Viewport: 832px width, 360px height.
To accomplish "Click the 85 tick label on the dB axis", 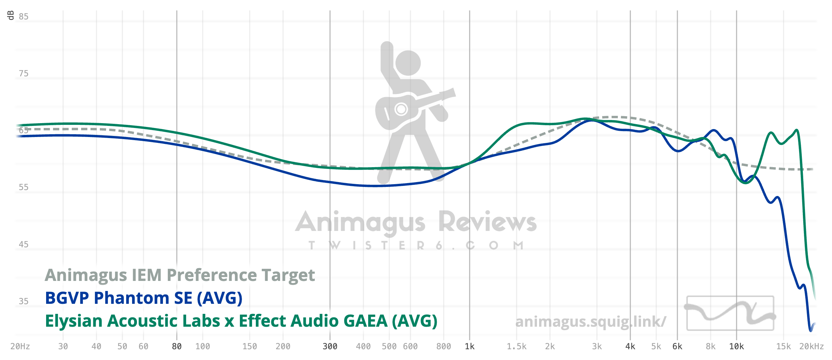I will [x=24, y=17].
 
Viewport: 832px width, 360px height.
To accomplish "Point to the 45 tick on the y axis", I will [x=24, y=245].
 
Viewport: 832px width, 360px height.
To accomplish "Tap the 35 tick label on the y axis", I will [x=24, y=301].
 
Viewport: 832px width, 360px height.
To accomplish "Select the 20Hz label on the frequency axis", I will [x=20, y=346].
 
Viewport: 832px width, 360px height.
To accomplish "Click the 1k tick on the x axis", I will [x=470, y=346].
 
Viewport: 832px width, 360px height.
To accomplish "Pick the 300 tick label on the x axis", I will [x=330, y=346].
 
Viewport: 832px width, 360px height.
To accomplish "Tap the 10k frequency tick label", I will [x=737, y=346].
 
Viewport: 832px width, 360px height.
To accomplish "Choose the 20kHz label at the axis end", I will [x=812, y=346].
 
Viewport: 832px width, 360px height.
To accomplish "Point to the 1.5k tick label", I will [x=517, y=346].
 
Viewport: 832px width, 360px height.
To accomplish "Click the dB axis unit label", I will [x=11, y=15].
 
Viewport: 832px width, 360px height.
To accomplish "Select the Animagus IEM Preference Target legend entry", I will [x=180, y=275].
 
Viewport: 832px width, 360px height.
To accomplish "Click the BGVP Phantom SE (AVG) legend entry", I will [x=144, y=298].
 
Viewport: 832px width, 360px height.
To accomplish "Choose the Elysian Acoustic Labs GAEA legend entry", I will [x=241, y=321].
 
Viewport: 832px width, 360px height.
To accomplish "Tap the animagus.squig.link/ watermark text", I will [x=590, y=322].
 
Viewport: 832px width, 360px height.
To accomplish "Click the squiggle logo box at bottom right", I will [x=730, y=313].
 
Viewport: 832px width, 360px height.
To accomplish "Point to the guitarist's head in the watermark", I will [x=408, y=63].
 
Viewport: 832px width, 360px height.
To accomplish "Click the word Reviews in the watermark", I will [x=487, y=222].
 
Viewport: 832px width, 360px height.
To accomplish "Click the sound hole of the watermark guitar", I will [x=401, y=109].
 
